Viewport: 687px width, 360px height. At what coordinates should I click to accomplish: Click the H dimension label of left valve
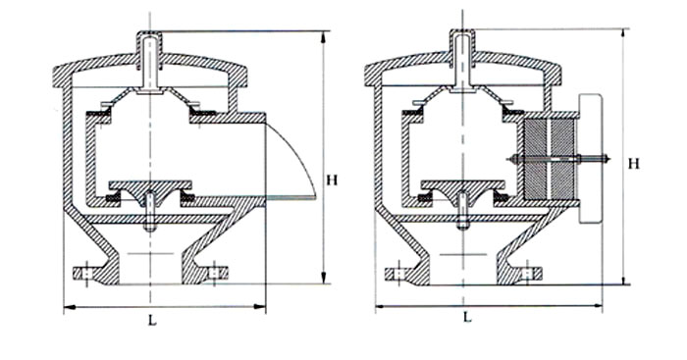tap(332, 180)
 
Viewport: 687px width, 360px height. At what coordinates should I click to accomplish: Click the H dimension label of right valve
tap(634, 164)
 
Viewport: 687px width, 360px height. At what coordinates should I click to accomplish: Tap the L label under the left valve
tap(151, 321)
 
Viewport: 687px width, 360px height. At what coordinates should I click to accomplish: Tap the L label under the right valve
tap(467, 317)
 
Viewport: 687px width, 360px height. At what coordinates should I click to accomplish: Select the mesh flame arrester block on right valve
tap(549, 159)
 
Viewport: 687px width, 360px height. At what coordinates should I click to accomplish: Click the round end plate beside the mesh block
tap(590, 159)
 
